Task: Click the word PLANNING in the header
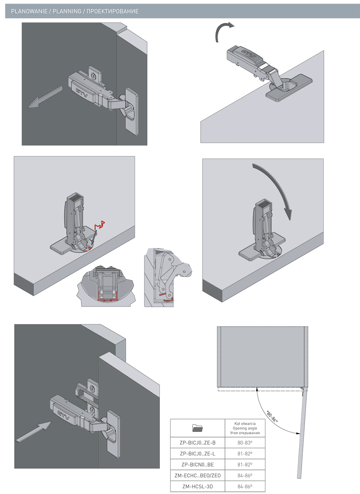tap(67, 12)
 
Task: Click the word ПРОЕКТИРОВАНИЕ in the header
tap(112, 12)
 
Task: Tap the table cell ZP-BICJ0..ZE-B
tap(197, 443)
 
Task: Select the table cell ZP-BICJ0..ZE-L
tap(197, 454)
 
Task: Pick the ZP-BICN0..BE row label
tap(197, 465)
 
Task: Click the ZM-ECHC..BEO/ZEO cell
tap(197, 476)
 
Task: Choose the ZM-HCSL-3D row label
tap(197, 486)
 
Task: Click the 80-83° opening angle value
tap(245, 443)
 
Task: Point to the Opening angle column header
tap(245, 428)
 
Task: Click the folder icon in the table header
tap(197, 428)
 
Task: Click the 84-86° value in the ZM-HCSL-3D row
tap(245, 486)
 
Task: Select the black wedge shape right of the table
tap(276, 413)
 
